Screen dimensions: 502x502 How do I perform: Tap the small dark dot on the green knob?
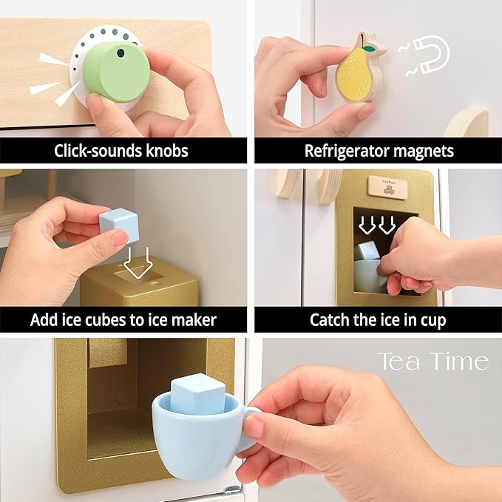click(x=120, y=54)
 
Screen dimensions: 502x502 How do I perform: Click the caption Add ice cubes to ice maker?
click(x=123, y=319)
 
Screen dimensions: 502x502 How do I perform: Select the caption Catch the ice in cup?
click(x=379, y=319)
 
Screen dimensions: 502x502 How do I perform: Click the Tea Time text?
click(x=433, y=362)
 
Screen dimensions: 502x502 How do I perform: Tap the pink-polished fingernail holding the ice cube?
click(x=118, y=238)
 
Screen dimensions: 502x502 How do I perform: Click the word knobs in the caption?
click(x=167, y=151)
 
